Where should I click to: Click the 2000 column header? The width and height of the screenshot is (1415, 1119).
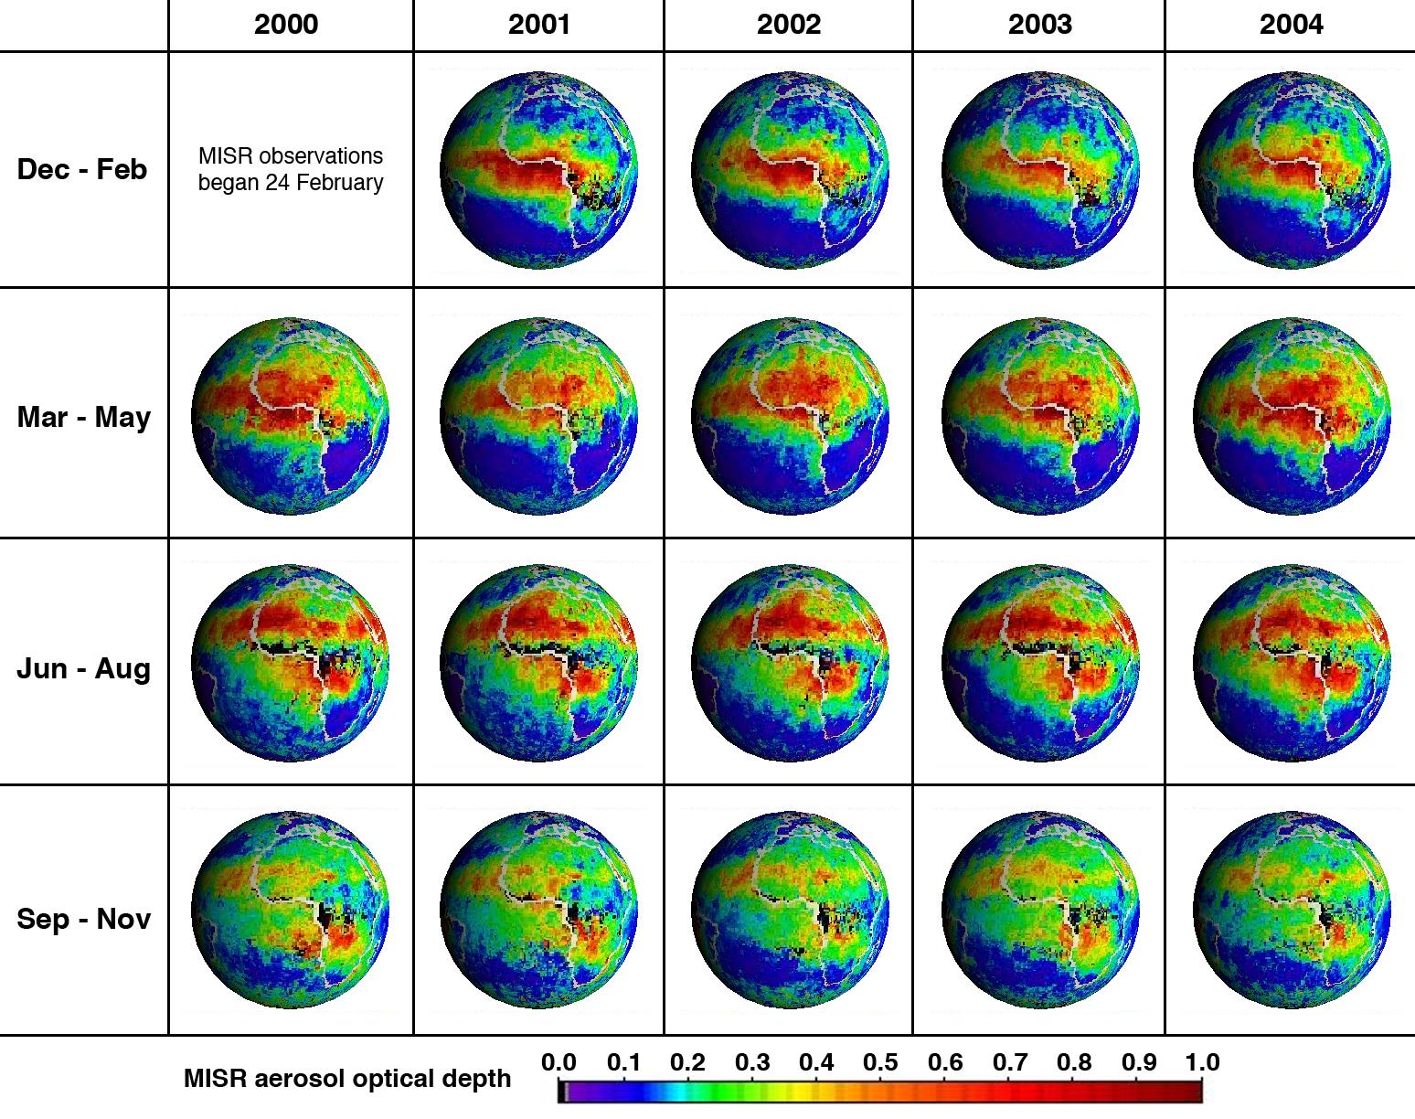286,25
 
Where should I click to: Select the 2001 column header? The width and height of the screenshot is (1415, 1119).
539,25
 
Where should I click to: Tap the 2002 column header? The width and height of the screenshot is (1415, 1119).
789,25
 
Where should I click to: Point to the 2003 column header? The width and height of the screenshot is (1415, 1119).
1040,25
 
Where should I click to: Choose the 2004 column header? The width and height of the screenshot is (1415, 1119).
1291,25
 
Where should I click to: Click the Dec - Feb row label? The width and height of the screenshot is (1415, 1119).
82,169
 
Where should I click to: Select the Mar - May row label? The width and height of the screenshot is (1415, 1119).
83,417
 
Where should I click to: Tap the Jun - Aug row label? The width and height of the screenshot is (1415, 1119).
83,668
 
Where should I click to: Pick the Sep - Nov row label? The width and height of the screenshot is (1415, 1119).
83,918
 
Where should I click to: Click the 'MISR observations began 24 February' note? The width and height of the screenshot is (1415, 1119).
291,169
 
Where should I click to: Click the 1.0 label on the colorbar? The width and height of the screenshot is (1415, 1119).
1202,1062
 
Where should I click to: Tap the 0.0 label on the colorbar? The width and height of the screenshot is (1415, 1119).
559,1062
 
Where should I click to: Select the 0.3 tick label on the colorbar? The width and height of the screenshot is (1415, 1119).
752,1062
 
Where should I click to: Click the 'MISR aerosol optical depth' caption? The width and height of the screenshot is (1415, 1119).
347,1079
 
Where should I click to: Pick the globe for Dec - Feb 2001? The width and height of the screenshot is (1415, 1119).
539,170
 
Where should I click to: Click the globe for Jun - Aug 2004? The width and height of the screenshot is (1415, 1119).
1291,664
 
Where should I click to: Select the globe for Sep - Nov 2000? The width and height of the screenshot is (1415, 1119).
291,910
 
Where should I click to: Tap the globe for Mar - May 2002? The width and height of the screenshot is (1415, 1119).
790,416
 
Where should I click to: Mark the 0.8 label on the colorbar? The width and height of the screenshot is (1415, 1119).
1074,1062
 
